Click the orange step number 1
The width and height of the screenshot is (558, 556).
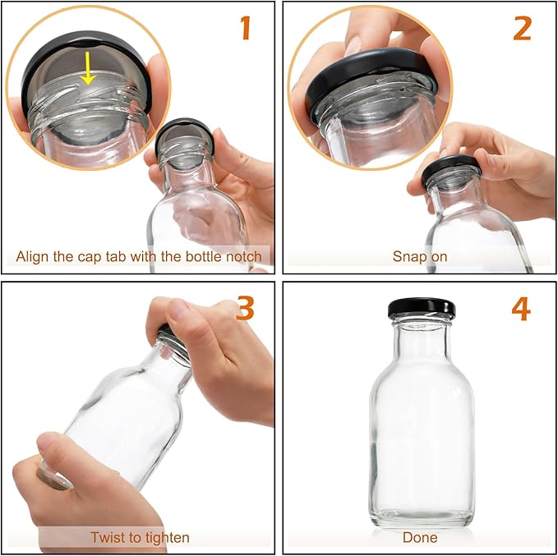point(245,28)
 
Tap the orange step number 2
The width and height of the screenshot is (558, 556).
point(522,28)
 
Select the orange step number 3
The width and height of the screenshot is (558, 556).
point(245,308)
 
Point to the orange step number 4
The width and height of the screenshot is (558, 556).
point(521,309)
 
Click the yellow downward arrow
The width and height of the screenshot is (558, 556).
point(88,68)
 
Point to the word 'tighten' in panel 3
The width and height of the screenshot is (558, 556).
point(165,538)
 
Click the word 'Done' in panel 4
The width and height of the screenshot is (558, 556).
point(420,537)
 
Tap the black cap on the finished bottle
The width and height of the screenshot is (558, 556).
point(422,309)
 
